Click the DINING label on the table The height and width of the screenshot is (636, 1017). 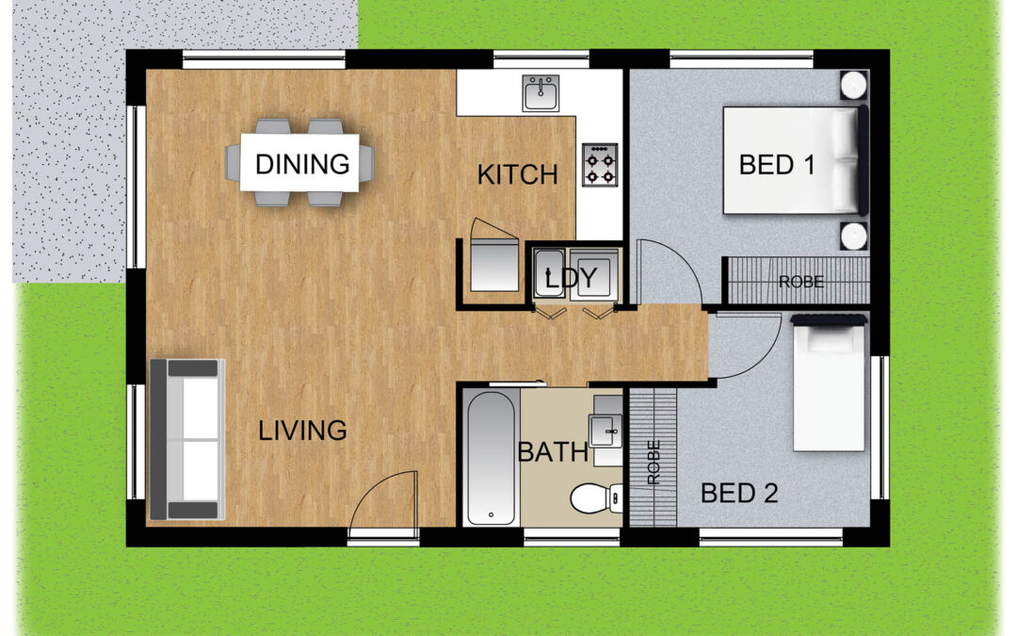tap(302, 164)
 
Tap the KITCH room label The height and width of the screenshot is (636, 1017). tap(518, 175)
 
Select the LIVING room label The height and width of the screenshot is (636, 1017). tap(302, 431)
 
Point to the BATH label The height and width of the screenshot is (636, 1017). tap(553, 452)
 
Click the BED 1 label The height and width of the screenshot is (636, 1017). tap(777, 165)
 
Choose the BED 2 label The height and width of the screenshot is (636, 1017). tap(739, 494)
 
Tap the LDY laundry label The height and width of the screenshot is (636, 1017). tap(571, 278)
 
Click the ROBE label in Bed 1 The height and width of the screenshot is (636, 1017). tap(801, 283)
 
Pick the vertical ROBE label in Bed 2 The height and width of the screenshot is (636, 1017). tap(654, 462)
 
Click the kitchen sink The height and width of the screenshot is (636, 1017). tap(541, 93)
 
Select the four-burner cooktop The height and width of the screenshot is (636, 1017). tap(599, 165)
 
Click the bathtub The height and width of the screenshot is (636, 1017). tap(491, 458)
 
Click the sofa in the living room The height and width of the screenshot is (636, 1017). tap(187, 439)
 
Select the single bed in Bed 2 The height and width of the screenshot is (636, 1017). tap(830, 383)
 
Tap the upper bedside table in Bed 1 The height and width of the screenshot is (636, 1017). tap(853, 85)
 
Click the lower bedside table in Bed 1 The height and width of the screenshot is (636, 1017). tap(853, 236)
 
